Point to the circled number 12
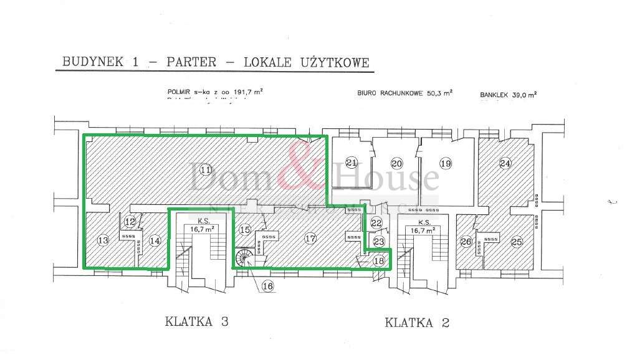[x=130, y=221]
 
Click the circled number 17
[x=310, y=237]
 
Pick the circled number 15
[x=246, y=230]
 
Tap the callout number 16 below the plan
[x=268, y=286]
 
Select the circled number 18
[x=379, y=262]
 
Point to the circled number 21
[x=352, y=163]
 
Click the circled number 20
[x=397, y=163]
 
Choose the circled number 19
[x=444, y=163]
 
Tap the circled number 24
[x=505, y=163]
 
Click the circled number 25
[x=516, y=242]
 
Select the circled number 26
[x=465, y=242]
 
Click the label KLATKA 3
[x=197, y=322]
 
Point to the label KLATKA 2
[x=417, y=323]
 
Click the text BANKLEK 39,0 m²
[x=508, y=95]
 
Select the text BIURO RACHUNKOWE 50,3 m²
[x=404, y=93]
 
